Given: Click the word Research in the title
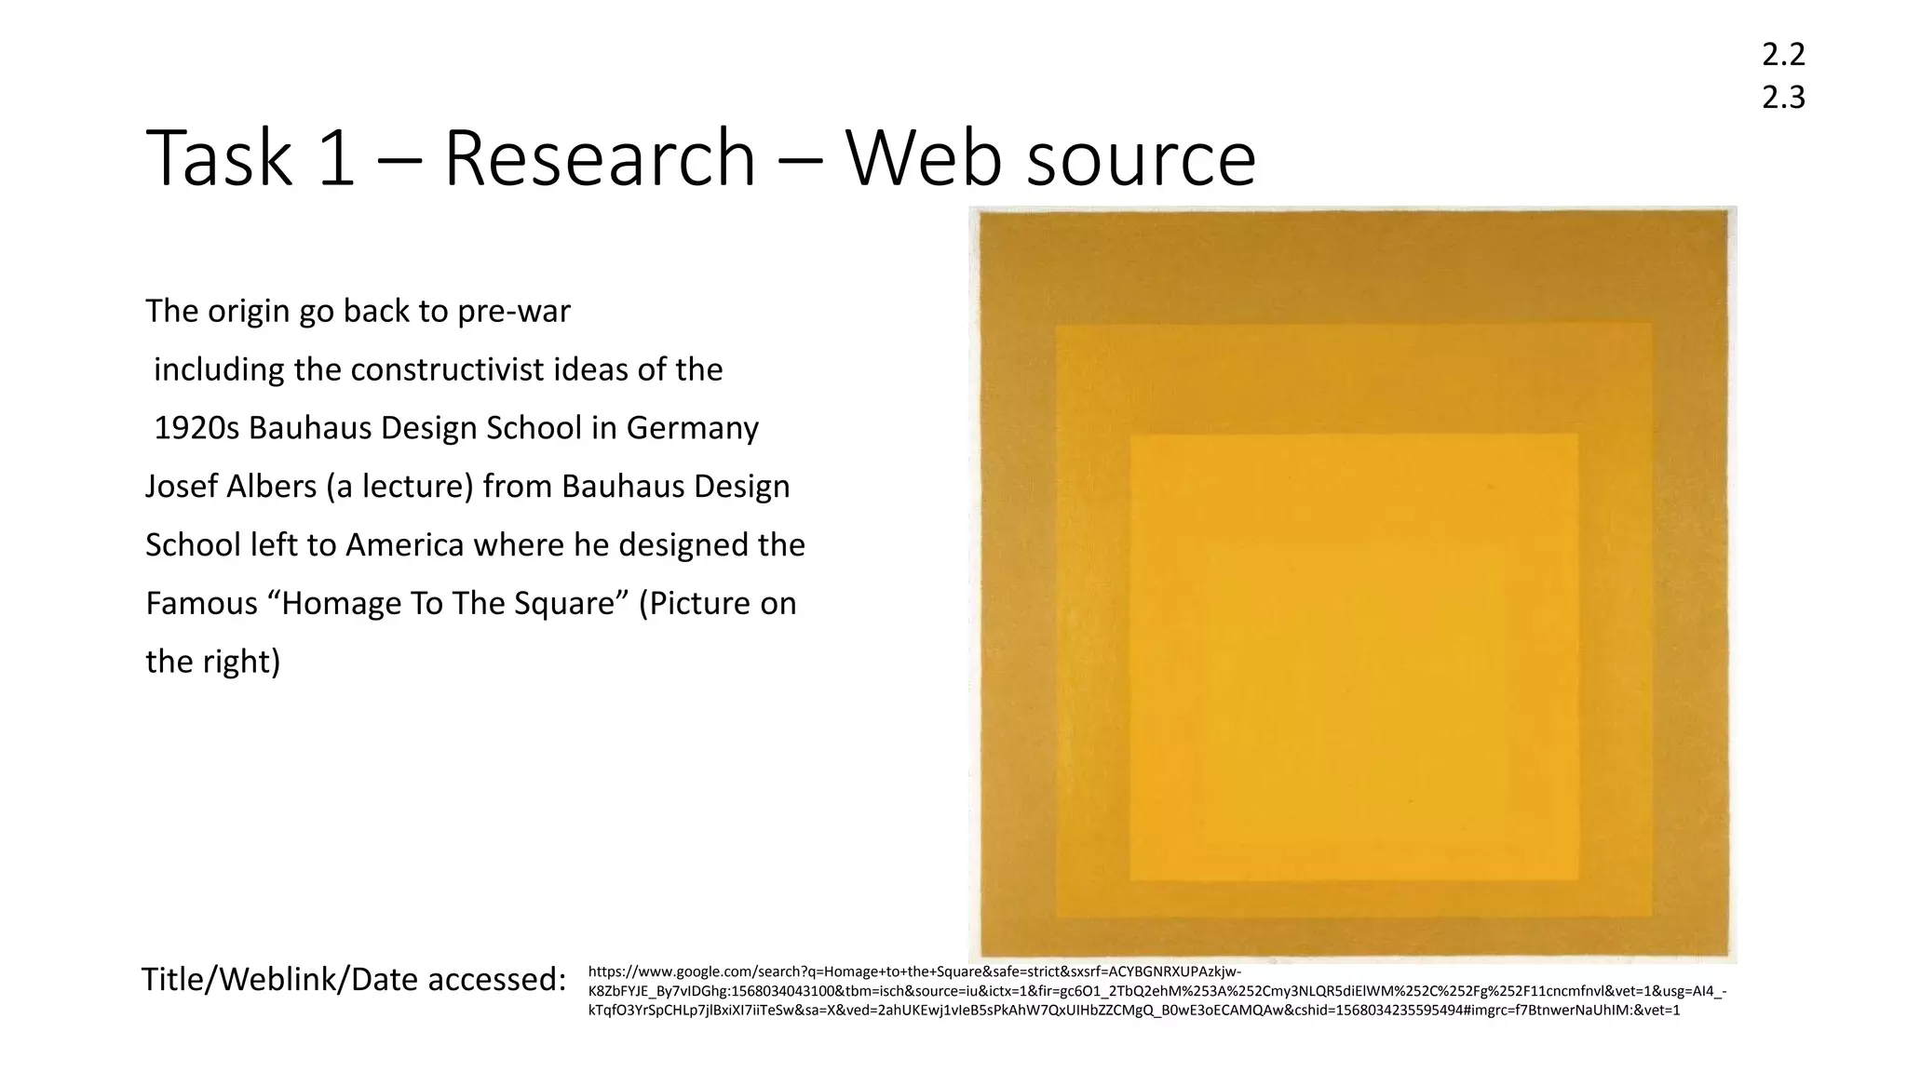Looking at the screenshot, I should click(599, 158).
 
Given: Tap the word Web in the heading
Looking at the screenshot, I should click(922, 158).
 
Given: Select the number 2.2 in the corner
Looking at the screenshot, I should click(1783, 55).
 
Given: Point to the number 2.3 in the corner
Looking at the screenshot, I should click(1783, 97).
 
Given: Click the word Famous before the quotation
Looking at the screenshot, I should click(201, 604).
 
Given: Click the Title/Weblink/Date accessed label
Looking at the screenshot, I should click(353, 979).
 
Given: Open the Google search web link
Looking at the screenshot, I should click(1155, 991).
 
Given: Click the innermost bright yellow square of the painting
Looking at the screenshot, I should click(1354, 656).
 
